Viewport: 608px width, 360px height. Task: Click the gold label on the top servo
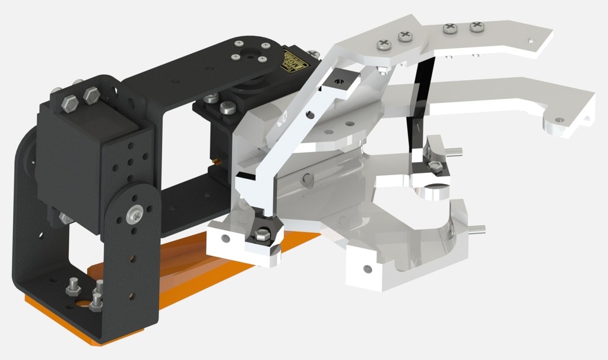pyautogui.click(x=293, y=62)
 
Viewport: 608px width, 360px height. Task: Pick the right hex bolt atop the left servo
pyautogui.click(x=91, y=94)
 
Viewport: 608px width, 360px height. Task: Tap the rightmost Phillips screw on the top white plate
pyautogui.click(x=477, y=27)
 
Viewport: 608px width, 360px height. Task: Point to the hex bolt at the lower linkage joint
pyautogui.click(x=262, y=234)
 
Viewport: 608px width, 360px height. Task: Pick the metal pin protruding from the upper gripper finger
pyautogui.click(x=455, y=151)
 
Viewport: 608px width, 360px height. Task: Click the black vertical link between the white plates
pyautogui.click(x=419, y=107)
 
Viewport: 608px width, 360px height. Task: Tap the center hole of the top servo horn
pyautogui.click(x=262, y=59)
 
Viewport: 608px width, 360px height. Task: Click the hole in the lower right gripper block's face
pyautogui.click(x=368, y=269)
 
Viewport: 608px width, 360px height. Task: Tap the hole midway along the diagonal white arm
pyautogui.click(x=309, y=115)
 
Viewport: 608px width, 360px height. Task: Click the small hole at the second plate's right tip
pyautogui.click(x=558, y=121)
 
